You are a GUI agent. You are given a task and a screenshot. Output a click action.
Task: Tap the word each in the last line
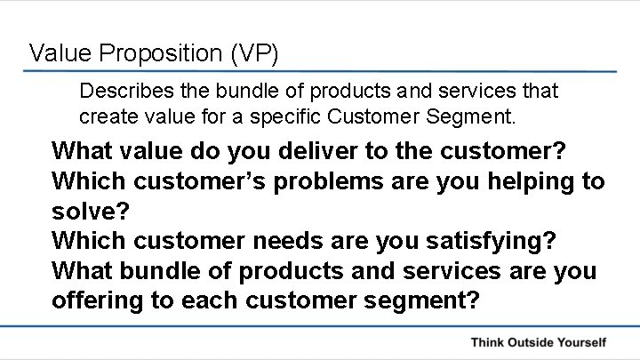pos(212,300)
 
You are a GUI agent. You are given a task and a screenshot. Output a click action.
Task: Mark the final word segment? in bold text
pos(423,300)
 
